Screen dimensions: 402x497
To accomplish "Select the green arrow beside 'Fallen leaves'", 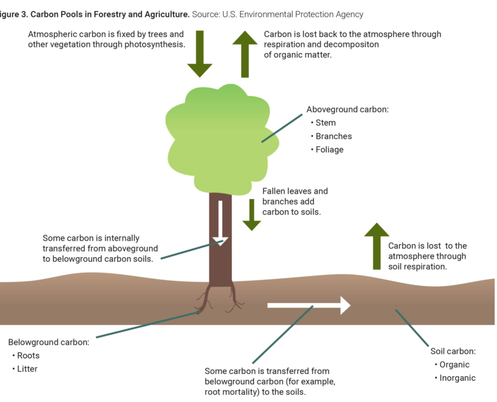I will tap(252, 214).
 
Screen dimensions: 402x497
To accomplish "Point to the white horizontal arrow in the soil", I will tap(309, 305).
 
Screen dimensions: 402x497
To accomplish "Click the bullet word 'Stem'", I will tap(325, 123).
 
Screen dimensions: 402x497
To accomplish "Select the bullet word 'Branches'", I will tap(333, 136).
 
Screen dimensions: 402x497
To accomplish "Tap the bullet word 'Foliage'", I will tap(329, 150).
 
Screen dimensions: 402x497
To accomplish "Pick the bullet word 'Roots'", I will tap(28, 356).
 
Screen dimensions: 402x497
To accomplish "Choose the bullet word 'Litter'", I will tap(27, 369).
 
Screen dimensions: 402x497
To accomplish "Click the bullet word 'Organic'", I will tap(455, 364).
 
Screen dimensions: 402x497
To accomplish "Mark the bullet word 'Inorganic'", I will tap(458, 378).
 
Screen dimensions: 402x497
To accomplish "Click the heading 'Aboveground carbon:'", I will tap(348, 109).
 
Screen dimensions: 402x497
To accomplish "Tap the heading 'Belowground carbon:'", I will tap(48, 341).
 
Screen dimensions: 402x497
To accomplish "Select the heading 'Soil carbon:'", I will tap(453, 351).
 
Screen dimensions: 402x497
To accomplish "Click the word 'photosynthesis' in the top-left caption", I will tap(156, 45).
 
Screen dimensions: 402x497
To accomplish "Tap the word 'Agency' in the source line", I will tap(349, 14).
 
